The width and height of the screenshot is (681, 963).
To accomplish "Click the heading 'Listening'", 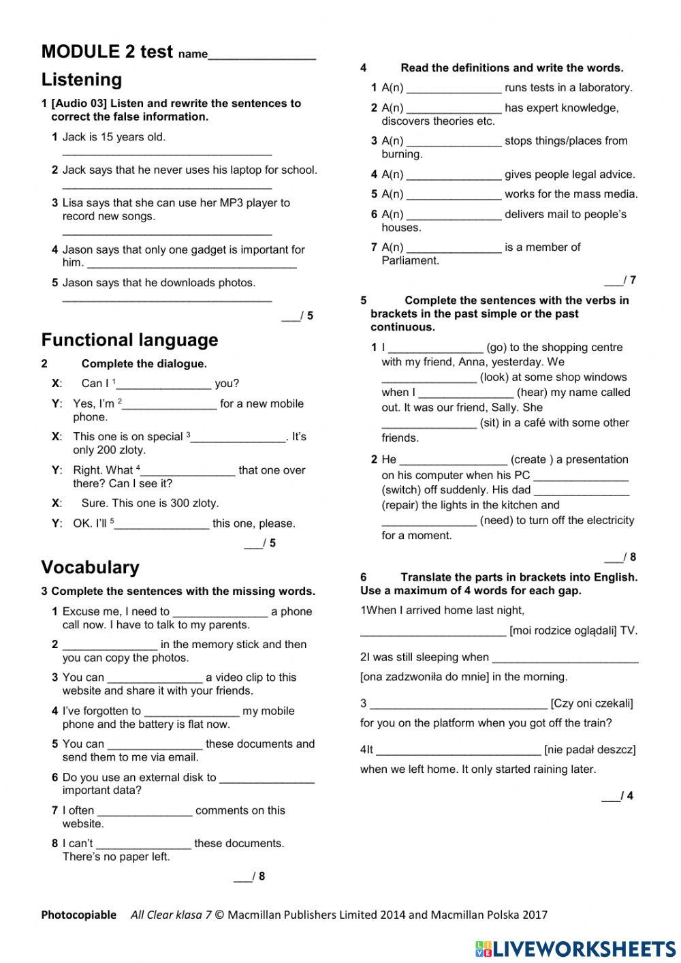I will pyautogui.click(x=82, y=80).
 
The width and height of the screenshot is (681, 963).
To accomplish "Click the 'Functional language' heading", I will pyautogui.click(x=129, y=340).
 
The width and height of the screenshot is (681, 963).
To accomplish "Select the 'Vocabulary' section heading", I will pyautogui.click(x=90, y=568).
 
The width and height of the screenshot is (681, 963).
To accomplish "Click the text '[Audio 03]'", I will pyautogui.click(x=79, y=104).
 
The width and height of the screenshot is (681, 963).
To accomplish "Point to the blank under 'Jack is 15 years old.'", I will pyautogui.click(x=167, y=154).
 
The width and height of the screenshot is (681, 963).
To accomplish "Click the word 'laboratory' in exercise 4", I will pyautogui.click(x=605, y=88).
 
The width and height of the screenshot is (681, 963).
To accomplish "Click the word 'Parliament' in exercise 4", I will pyautogui.click(x=410, y=260).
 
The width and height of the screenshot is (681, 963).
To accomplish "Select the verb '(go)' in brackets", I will pyautogui.click(x=496, y=348).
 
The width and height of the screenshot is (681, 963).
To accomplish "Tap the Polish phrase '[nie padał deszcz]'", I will pyautogui.click(x=590, y=750).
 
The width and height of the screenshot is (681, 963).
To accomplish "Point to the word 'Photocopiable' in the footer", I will pyautogui.click(x=78, y=915).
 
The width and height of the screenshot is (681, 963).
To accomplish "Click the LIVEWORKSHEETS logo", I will pyautogui.click(x=575, y=949).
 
